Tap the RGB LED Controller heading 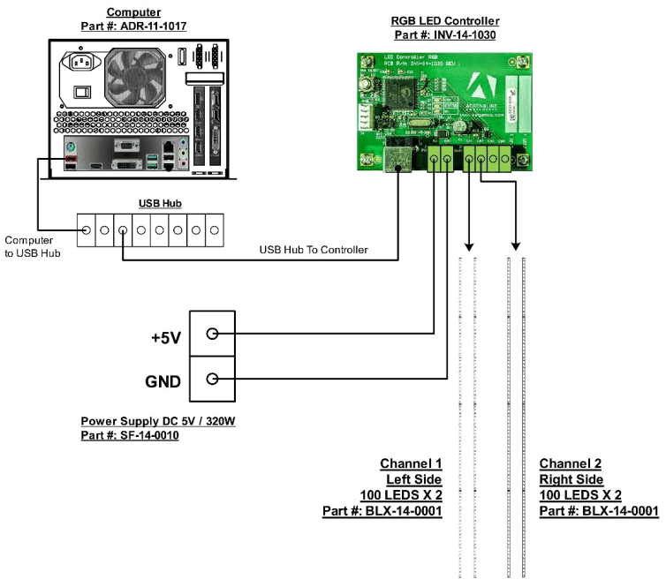445,20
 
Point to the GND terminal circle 212,380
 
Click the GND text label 163,381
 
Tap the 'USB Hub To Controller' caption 314,251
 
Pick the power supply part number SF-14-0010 130,436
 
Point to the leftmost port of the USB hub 87,231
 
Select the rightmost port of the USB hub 215,231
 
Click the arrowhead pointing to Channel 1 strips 469,245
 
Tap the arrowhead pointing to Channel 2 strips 516,245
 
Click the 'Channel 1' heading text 411,463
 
